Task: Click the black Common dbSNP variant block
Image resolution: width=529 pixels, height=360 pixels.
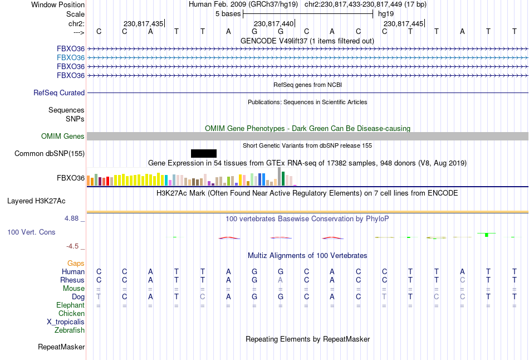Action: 203,153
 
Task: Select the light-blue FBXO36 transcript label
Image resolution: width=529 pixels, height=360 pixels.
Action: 71,57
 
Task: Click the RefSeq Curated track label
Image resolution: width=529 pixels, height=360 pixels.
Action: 59,93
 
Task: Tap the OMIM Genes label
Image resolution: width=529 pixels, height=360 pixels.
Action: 63,137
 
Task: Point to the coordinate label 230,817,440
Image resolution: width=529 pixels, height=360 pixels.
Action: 273,24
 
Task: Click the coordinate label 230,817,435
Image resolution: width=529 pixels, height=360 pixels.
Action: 143,24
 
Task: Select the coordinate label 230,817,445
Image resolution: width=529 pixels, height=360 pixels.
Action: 404,24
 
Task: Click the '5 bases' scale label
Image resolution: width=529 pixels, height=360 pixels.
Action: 228,14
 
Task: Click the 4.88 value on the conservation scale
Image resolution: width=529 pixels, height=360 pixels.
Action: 71,219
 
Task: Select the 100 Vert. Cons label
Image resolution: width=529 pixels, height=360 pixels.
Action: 31,232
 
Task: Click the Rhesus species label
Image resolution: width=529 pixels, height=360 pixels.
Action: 72,280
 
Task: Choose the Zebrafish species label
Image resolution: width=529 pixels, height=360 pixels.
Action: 70,330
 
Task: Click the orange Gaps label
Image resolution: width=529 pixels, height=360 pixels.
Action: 76,263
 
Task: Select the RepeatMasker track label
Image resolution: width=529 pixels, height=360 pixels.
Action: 61,347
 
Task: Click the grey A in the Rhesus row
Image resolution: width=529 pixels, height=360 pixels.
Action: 281,280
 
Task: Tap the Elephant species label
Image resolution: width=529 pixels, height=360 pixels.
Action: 70,305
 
